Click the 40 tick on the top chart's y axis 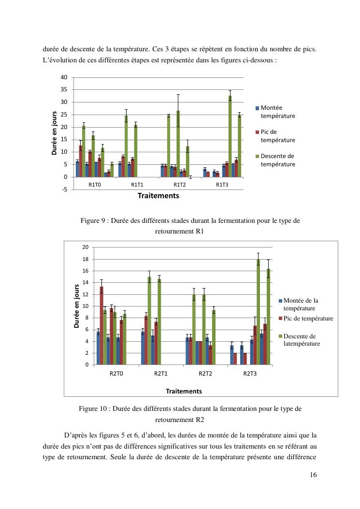click(x=64, y=77)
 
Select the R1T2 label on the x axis click(x=179, y=185)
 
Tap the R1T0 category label click(x=95, y=185)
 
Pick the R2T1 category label click(x=161, y=373)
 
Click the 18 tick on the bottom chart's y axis click(x=85, y=259)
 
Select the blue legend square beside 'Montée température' click(x=258, y=108)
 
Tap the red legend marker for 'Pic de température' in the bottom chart click(x=280, y=319)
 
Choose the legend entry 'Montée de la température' click(x=301, y=304)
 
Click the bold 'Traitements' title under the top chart click(x=158, y=196)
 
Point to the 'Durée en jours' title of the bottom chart click(x=76, y=306)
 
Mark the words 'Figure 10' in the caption click(x=93, y=408)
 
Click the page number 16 click(x=313, y=475)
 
